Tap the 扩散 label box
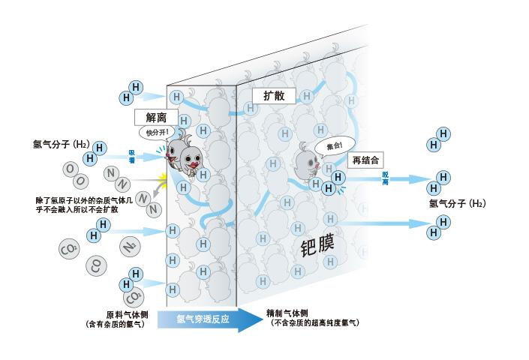[273, 95]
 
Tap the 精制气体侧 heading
[287, 313]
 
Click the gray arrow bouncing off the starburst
[155, 198]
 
